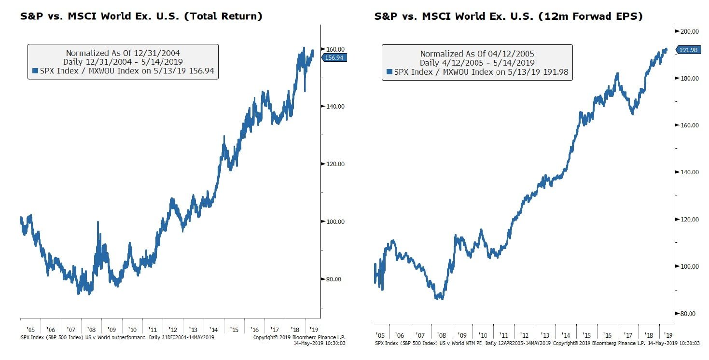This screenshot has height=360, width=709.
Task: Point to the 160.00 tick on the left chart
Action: coord(335,49)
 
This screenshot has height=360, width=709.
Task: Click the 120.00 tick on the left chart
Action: coord(335,164)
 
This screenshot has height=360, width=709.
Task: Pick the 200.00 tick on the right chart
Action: coord(689,31)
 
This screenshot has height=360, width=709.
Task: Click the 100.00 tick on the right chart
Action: coord(689,266)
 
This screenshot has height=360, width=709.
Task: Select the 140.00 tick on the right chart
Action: coord(689,172)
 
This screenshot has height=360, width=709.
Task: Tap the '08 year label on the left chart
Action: coord(91,330)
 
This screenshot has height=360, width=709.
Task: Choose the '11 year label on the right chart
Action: coord(503,335)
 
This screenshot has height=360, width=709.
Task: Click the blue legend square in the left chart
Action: coord(35,71)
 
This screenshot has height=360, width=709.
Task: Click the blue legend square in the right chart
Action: coord(389,71)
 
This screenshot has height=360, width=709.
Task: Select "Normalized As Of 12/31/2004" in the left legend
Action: coord(123,53)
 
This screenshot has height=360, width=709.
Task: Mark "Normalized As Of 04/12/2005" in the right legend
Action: coord(477,54)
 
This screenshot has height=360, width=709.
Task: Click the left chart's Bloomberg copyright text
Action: coord(299,337)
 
